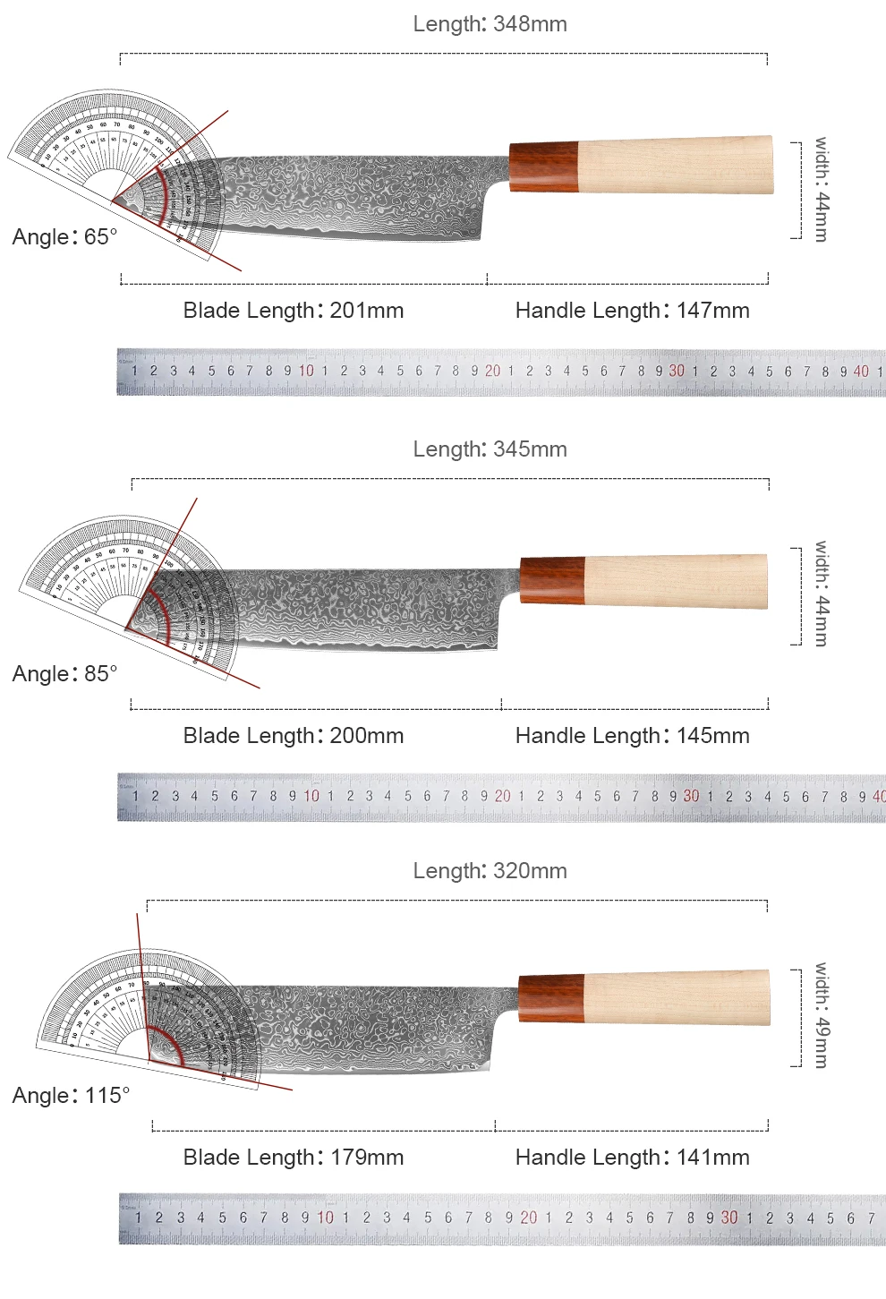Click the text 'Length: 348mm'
490,24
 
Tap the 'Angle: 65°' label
64,237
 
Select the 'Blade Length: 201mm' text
294,311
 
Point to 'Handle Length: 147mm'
632,311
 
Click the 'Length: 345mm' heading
490,449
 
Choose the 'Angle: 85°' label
64,674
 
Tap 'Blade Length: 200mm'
294,736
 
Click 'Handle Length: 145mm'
632,736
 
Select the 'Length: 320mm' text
490,871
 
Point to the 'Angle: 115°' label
71,1096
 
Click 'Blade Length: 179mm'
294,1158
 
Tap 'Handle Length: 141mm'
632,1158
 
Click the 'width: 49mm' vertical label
822,1015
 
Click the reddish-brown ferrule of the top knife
543,166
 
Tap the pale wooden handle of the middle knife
676,581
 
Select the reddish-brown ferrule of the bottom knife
551,997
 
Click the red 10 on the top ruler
306,371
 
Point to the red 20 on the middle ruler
502,796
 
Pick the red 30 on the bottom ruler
729,1218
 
